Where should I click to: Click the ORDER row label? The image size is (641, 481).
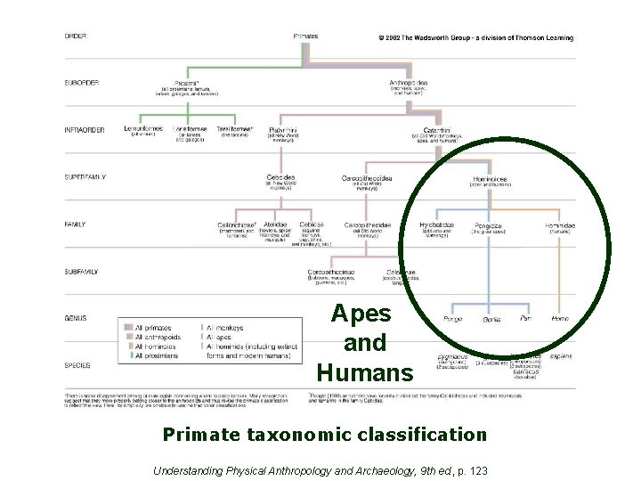(75, 37)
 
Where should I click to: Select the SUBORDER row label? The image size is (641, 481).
(81, 83)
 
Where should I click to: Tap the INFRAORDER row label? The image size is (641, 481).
(85, 130)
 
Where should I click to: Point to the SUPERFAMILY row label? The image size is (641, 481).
(85, 177)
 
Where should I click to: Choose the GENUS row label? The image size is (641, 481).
(75, 318)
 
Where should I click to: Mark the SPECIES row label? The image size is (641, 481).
(77, 365)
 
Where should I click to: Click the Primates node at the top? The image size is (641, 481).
(305, 37)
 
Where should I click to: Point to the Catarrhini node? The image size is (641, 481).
(436, 129)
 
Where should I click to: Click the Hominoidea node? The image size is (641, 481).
(490, 177)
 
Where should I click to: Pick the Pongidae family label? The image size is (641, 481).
(488, 226)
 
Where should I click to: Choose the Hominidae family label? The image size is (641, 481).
(560, 225)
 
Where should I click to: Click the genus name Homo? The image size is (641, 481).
(560, 319)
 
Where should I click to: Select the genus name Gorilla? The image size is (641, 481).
(491, 320)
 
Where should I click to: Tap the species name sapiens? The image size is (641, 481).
(561, 355)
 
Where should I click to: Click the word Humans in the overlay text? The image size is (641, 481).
(364, 371)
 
